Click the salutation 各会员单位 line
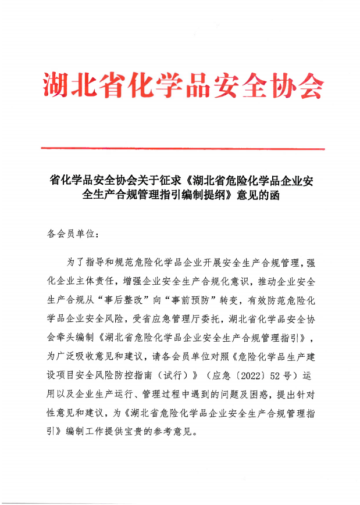coord(72,235)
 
